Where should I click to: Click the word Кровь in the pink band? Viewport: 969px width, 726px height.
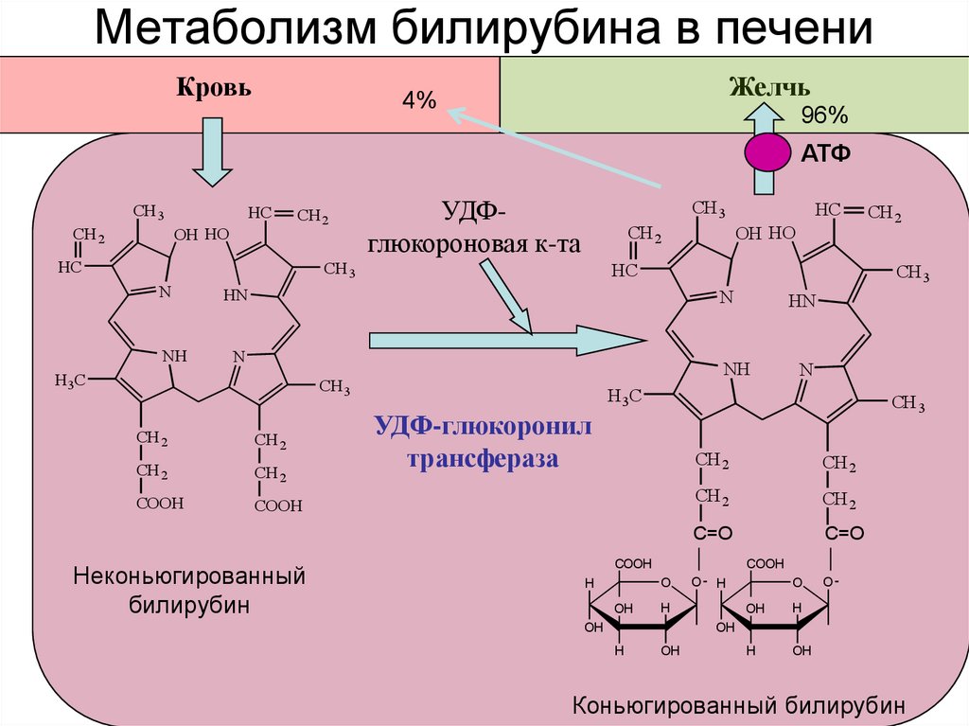coord(214,87)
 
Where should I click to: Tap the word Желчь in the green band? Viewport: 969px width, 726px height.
coord(769,87)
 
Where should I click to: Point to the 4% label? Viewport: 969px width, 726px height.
coord(419,99)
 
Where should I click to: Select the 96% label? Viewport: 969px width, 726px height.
coord(824,115)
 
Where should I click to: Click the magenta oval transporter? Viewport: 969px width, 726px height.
coord(767,152)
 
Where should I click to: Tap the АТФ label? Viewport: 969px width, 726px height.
coord(825,152)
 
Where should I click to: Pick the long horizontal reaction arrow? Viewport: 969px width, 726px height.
coord(507,340)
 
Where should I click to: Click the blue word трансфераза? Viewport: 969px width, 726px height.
coord(484,459)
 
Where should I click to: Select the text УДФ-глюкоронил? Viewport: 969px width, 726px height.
coord(483,426)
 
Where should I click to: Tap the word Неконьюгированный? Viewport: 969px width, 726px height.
coord(189,576)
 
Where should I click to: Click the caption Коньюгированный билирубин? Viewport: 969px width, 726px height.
coord(738,705)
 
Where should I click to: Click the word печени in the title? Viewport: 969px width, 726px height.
coord(794,29)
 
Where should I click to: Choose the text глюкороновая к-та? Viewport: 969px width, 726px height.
coord(474,244)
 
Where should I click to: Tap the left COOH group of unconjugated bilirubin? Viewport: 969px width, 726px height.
coord(159,503)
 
